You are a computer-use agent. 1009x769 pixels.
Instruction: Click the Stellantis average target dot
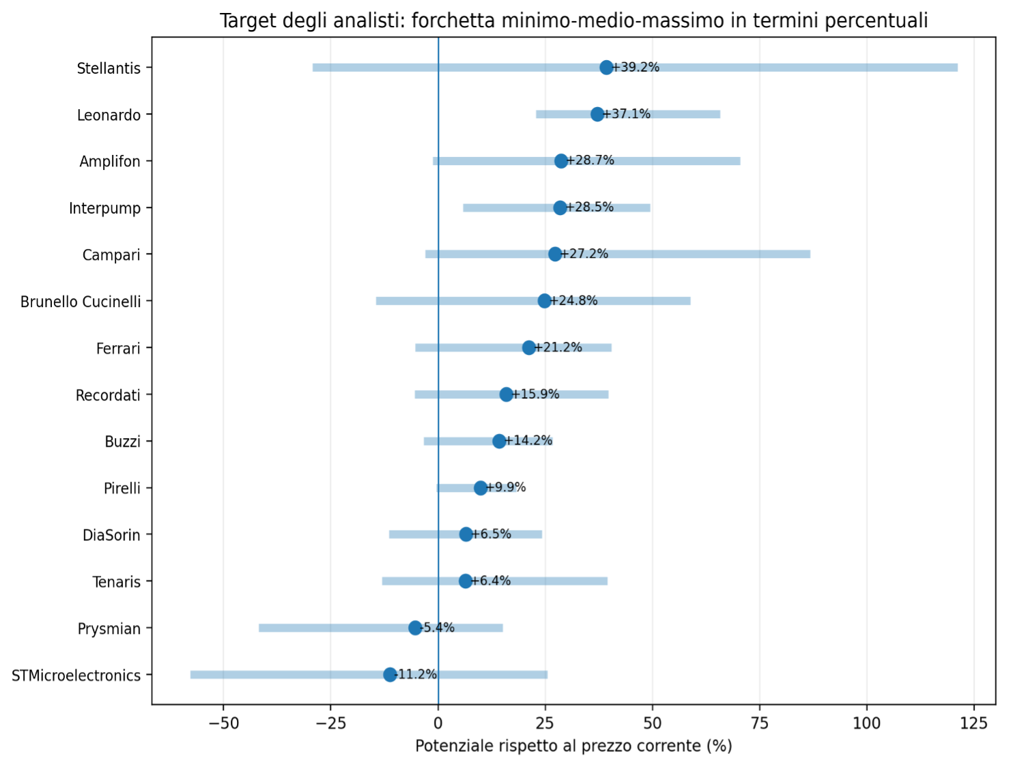[x=606, y=68]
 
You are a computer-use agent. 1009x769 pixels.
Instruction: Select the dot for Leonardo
[x=597, y=114]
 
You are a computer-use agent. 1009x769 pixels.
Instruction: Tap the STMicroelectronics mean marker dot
[x=390, y=675]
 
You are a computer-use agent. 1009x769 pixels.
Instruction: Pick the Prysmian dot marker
[x=415, y=628]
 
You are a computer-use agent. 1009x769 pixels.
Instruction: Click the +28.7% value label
[x=591, y=160]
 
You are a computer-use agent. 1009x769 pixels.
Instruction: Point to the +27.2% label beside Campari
[x=584, y=254]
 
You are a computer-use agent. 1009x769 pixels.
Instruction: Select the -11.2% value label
[x=416, y=674]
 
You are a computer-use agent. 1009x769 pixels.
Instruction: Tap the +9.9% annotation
[x=506, y=487]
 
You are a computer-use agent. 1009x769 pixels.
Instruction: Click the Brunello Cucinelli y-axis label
[x=81, y=302]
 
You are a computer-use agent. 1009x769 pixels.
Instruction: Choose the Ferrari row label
[x=118, y=349]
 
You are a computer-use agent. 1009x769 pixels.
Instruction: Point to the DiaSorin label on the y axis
[x=111, y=535]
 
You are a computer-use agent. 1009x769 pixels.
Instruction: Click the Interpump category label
[x=105, y=209]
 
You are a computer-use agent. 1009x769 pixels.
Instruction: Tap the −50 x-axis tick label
[x=223, y=724]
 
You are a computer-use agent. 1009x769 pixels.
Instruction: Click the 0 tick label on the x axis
[x=438, y=724]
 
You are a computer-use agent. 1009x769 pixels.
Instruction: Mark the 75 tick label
[x=759, y=724]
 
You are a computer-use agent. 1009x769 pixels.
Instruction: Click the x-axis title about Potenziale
[x=573, y=746]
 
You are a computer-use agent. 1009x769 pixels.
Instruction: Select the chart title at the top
[x=573, y=21]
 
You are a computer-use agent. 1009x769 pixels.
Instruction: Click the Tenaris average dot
[x=465, y=581]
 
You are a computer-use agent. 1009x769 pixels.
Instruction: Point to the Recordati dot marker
[x=506, y=394]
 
